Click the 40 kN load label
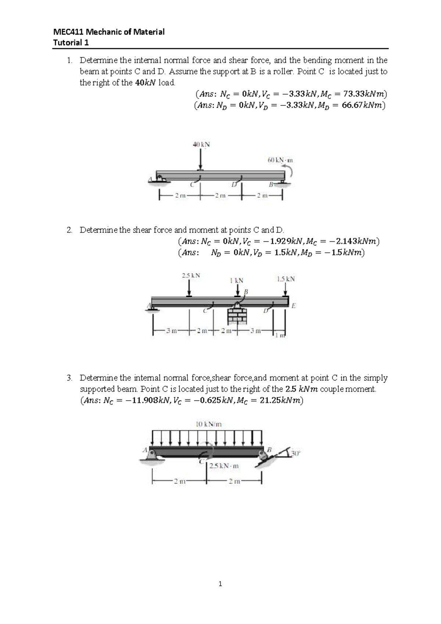pos(201,145)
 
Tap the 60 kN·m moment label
pos(280,160)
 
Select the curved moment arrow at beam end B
pos(290,172)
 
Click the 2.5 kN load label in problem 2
pos(191,275)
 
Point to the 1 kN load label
pos(236,280)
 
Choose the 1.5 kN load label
pos(286,279)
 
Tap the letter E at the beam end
pos(293,305)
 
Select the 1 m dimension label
pos(280,335)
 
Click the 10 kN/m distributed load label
pos(208,424)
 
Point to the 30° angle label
pos(295,453)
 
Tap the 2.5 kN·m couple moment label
pos(224,466)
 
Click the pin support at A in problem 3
pos(151,455)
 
